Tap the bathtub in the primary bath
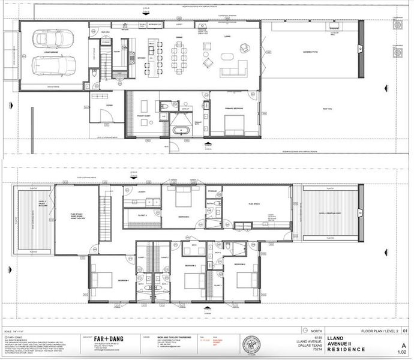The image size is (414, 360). (x=181, y=130)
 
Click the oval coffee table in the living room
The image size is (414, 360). (x=229, y=57)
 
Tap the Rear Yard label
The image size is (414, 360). (x=327, y=109)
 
